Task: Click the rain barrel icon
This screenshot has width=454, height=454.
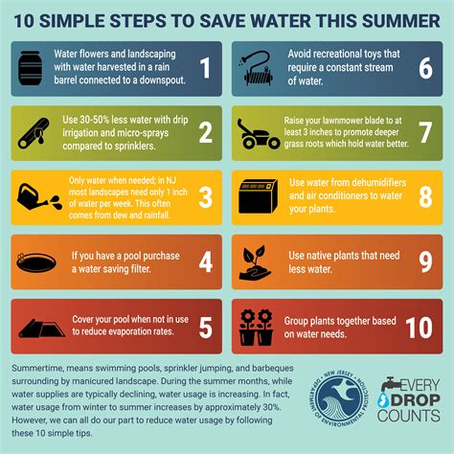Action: point(32,67)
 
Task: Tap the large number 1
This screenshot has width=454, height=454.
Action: point(203,67)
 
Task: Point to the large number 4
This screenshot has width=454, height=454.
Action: point(203,261)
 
